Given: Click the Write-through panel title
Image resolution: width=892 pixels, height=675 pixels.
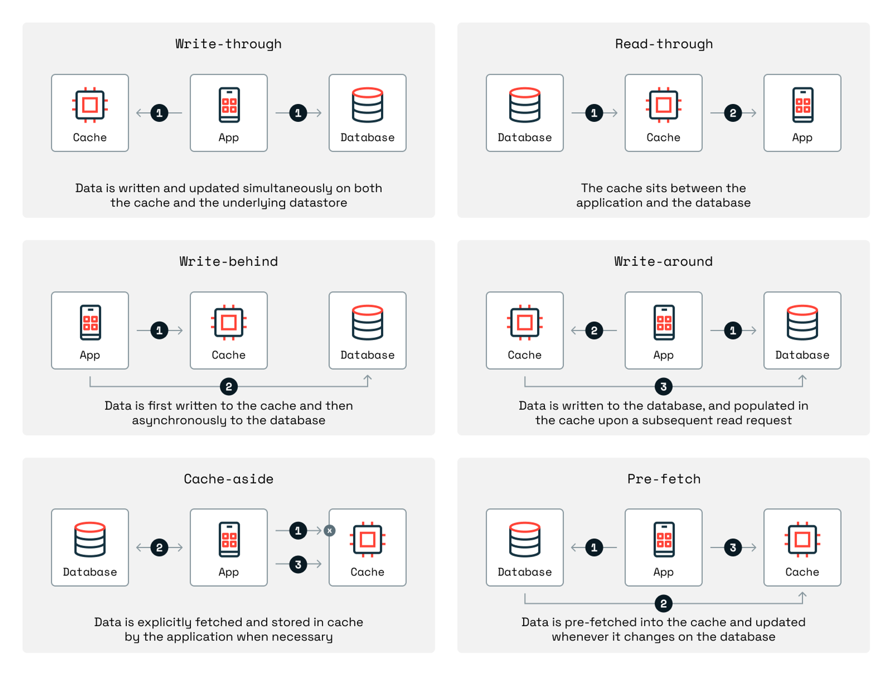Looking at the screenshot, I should tap(228, 44).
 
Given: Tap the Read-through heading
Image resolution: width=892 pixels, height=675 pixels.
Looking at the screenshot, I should tap(663, 44).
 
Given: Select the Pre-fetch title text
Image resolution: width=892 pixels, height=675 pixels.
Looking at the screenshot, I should tap(663, 479).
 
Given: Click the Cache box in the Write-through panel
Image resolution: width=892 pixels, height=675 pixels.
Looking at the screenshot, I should tap(90, 113).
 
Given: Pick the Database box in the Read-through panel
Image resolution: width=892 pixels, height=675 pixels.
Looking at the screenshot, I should tap(525, 113).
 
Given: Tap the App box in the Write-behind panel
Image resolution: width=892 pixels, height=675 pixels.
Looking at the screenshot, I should tap(90, 331).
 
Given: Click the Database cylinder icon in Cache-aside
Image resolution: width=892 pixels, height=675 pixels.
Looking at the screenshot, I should tap(90, 539).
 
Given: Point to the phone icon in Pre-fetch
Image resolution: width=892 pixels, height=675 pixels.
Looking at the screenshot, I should tap(663, 539).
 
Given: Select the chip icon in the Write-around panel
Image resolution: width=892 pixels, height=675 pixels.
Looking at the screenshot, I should tap(525, 322).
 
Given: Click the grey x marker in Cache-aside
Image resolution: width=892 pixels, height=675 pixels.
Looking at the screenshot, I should tap(329, 530).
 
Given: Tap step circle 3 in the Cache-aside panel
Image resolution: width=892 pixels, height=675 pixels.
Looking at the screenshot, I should tap(298, 564).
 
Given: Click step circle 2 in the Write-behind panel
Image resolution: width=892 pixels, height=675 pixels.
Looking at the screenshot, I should tap(228, 386).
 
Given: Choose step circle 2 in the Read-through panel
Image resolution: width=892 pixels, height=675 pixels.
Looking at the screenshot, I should tap(733, 113).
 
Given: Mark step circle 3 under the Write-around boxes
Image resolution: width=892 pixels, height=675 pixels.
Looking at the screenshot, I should tap(663, 386).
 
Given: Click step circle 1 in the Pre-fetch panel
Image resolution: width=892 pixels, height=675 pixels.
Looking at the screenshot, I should tap(594, 548).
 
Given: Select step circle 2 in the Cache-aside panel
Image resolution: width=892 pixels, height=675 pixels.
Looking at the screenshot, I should tap(159, 548).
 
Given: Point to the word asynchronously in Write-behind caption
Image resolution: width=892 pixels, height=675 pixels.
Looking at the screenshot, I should tap(176, 420).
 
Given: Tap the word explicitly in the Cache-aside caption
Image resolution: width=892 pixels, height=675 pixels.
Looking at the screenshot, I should tap(164, 622).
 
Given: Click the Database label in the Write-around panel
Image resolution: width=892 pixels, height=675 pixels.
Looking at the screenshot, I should tap(802, 355).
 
